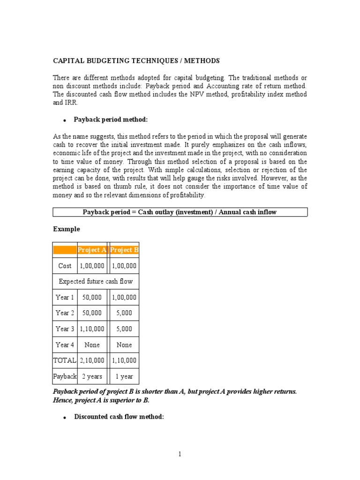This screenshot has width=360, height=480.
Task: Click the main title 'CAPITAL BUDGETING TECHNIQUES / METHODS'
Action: pyautogui.click(x=136, y=61)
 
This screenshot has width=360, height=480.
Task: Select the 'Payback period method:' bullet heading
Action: pyautogui.click(x=111, y=120)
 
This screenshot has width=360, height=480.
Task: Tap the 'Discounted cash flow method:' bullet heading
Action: pyautogui.click(x=119, y=417)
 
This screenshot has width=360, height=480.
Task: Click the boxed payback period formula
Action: pyautogui.click(x=180, y=212)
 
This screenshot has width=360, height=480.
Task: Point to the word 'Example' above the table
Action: pyautogui.click(x=67, y=229)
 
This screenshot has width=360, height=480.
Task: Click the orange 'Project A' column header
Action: pyautogui.click(x=92, y=250)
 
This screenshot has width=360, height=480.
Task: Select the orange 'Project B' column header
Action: pyautogui.click(x=124, y=250)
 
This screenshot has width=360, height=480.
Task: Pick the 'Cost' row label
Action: pyautogui.click(x=65, y=266)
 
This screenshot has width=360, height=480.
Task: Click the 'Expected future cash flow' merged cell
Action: pyautogui.click(x=96, y=281)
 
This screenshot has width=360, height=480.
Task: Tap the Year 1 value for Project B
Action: pyautogui.click(x=124, y=297)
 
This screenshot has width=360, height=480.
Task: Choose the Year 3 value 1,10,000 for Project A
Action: pyautogui.click(x=92, y=329)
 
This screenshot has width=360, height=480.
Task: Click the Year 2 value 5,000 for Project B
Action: pyautogui.click(x=124, y=313)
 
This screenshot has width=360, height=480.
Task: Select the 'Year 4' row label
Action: pyautogui.click(x=65, y=345)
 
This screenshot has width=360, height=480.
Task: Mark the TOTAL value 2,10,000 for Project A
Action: pyautogui.click(x=92, y=360)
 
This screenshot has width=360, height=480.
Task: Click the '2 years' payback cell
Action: pyautogui.click(x=92, y=376)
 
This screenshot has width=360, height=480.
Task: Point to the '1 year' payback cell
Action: pyautogui.click(x=124, y=376)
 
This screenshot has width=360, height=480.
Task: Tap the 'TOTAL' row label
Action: pyautogui.click(x=65, y=360)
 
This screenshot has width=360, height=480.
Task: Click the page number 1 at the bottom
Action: pyautogui.click(x=180, y=454)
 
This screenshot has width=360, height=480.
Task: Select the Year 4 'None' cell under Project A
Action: pyautogui.click(x=92, y=345)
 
